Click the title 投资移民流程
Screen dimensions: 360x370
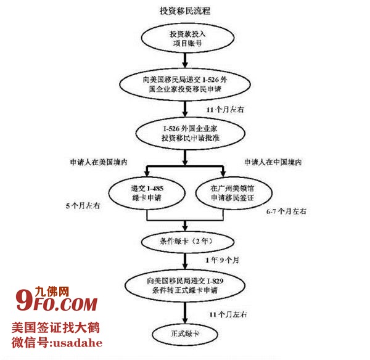[185, 10]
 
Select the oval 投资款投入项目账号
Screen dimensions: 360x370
[185, 39]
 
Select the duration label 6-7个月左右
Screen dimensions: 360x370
[286, 211]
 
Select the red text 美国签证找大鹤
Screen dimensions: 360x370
[55, 328]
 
